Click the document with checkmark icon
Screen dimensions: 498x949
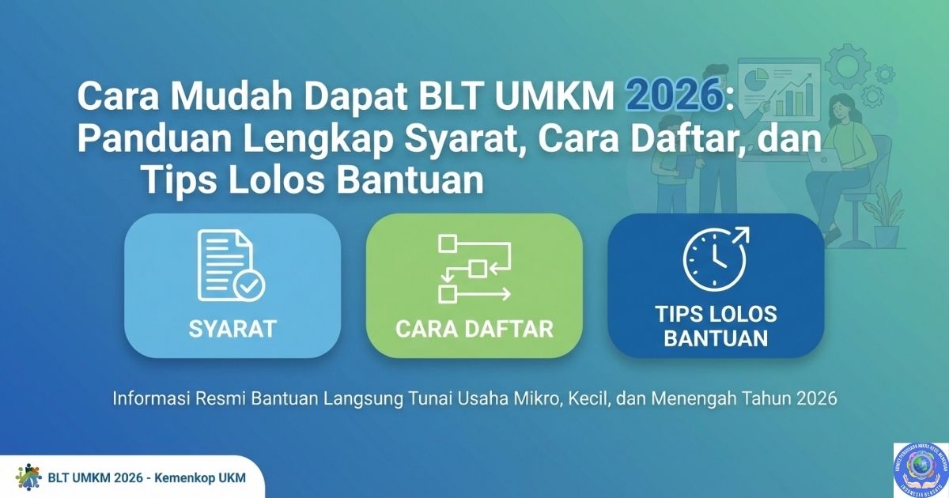pos(231,266)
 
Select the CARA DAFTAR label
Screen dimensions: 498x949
pos(474,328)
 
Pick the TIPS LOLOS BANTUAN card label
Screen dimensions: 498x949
pos(716,326)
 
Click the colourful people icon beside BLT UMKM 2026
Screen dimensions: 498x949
pos(28,477)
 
